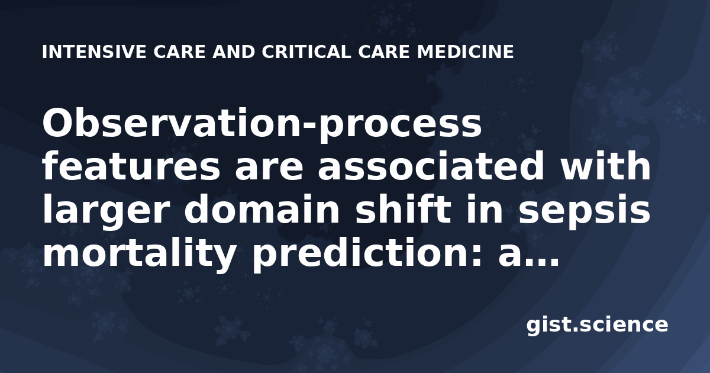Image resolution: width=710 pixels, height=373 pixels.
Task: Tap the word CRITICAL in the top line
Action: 306,52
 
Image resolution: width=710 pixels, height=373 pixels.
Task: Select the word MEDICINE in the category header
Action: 465,52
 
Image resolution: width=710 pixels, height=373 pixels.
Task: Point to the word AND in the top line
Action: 234,52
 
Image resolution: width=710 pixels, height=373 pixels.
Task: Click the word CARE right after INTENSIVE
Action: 179,52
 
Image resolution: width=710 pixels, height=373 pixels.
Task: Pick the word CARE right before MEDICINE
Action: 384,52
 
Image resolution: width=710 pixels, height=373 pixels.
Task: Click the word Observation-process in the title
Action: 262,124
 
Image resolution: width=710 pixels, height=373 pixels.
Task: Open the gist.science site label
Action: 597,325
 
